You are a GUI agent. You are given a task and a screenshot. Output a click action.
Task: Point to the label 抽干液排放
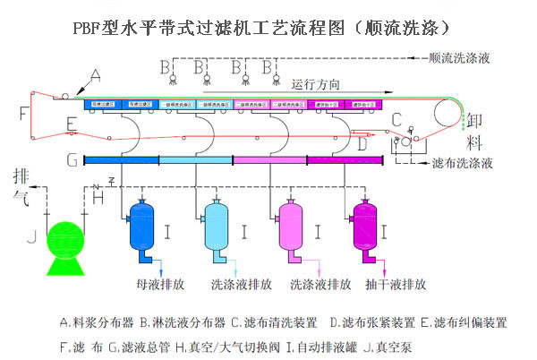[x=396, y=285]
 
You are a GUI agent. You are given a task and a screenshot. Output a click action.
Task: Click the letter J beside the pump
[x=30, y=238]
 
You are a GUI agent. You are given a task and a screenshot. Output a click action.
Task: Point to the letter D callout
[x=361, y=142]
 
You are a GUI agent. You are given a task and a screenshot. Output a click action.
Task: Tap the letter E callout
[x=71, y=123]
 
